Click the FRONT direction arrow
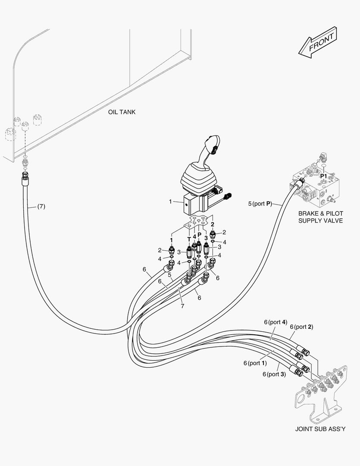click(317, 42)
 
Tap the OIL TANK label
click(122, 112)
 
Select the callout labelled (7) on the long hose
click(40, 206)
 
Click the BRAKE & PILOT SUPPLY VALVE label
click(320, 217)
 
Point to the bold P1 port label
click(323, 176)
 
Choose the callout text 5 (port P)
click(260, 203)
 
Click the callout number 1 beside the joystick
click(170, 201)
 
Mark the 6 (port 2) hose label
click(301, 327)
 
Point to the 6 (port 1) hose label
click(255, 363)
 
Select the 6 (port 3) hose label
click(274, 374)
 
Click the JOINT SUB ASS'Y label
click(320, 429)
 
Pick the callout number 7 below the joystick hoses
click(182, 306)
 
